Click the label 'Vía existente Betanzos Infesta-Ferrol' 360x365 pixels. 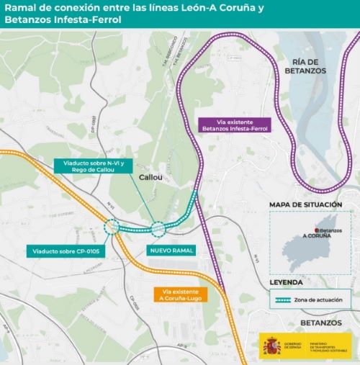point(233,125)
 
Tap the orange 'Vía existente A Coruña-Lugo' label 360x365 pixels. point(181,294)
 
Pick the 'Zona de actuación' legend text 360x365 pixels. point(323,299)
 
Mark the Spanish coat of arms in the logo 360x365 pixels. point(271,345)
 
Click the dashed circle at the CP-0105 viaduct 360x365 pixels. point(111,228)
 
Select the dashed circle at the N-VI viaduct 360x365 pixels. point(158,229)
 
